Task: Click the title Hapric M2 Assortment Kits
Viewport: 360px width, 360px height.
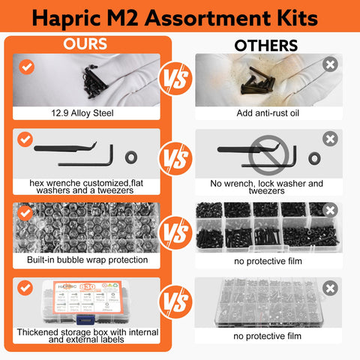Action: coord(180,16)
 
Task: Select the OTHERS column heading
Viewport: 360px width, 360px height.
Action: coord(265,45)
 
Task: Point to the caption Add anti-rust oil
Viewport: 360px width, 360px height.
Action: coord(266,116)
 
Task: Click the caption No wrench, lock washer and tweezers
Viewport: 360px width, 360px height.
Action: coord(266,187)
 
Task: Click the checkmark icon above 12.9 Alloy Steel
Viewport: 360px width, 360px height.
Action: coord(27,67)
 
